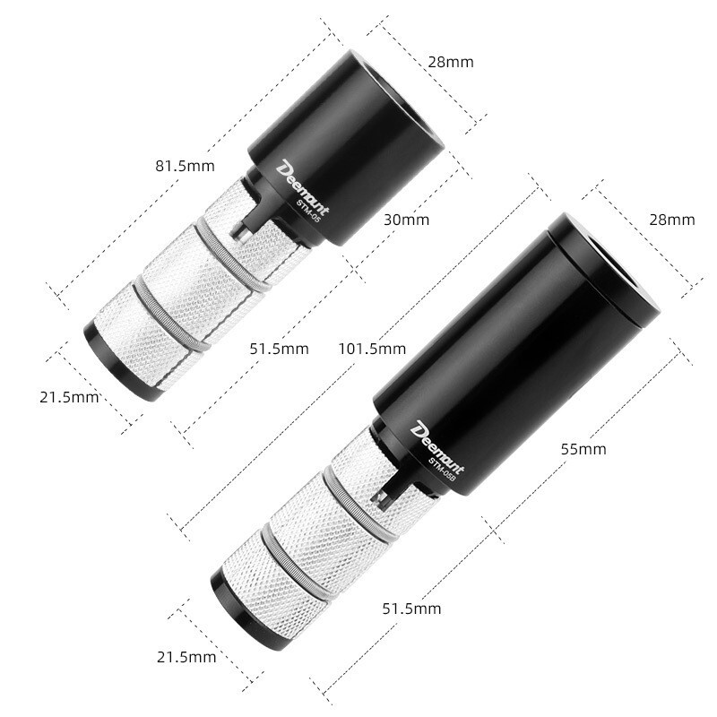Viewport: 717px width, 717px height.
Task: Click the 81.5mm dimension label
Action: pos(185,166)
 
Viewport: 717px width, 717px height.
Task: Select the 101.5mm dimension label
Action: pos(372,348)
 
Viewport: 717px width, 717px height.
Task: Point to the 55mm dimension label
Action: pos(583,448)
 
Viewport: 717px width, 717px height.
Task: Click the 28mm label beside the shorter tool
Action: pos(449,62)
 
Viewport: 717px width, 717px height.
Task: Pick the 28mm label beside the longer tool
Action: pos(670,220)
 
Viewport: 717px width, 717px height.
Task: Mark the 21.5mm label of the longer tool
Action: pos(186,657)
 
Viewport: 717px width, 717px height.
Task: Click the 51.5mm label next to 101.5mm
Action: pos(279,348)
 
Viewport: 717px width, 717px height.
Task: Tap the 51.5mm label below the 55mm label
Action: pos(411,609)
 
